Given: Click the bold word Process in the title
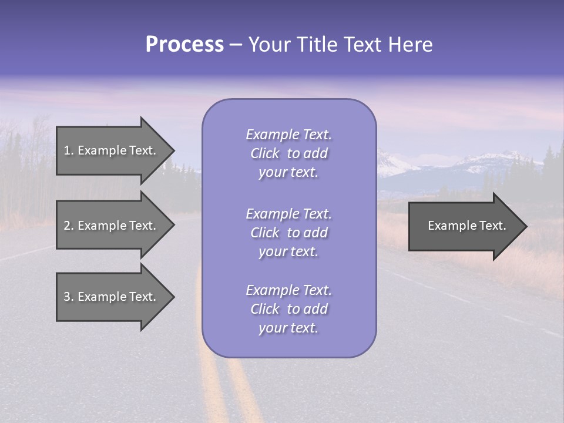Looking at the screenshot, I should point(184,45).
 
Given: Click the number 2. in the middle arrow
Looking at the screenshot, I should point(69,226).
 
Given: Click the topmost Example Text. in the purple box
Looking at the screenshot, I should point(288,135).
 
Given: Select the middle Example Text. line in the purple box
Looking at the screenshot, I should point(288,214).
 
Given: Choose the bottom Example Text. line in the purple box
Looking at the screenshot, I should point(288,290).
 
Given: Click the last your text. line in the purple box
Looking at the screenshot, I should point(288,328).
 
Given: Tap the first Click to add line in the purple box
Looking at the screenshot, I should point(288,153).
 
